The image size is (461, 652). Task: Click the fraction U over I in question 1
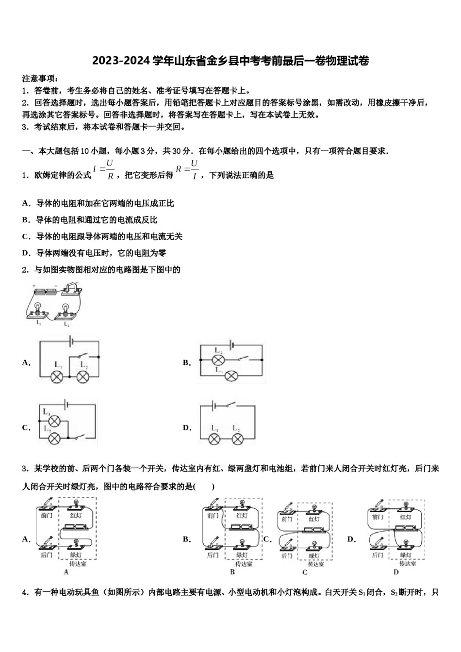pos(194,170)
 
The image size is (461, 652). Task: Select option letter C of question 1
pos(26,236)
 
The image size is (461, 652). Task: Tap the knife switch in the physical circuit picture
pos(71,290)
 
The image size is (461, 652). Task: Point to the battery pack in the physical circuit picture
pos(45,292)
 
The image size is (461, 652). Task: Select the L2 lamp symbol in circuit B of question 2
pos(219,359)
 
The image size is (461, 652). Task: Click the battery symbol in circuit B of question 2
pos(232,345)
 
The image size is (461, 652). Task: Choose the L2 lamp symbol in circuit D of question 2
pos(237,439)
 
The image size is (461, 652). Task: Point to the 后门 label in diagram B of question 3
pos(213,555)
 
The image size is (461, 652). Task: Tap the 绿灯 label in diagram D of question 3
pos(406,555)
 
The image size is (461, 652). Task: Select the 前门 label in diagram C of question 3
pos(287,519)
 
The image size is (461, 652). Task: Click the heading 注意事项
pos(40,78)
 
